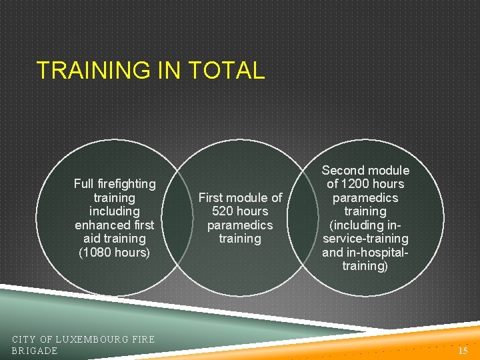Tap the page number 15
tap(463, 350)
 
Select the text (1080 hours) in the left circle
tap(115, 253)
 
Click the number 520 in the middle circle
tap(223, 211)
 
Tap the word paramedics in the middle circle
tap(240, 225)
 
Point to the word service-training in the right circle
tap(365, 239)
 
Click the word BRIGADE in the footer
tap(35, 351)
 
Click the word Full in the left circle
tap(84, 183)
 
